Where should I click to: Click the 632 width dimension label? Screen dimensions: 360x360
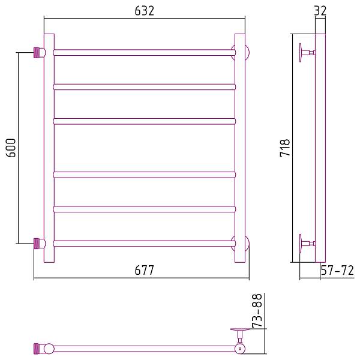[x=145, y=11]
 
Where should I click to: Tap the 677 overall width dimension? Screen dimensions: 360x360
[x=145, y=271]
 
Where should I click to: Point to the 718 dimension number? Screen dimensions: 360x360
[x=285, y=148]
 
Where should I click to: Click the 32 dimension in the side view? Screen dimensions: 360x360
[x=319, y=10]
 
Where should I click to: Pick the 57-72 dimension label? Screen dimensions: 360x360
[x=337, y=271]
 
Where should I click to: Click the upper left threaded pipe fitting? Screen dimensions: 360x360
[x=38, y=52]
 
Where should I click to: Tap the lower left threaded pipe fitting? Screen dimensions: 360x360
[x=38, y=243]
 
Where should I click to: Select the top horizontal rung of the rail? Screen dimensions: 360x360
[x=144, y=52]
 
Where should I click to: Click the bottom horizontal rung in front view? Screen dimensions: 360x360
[x=144, y=243]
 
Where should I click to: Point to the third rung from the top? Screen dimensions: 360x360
[x=144, y=121]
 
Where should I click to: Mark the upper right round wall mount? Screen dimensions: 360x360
[x=246, y=52]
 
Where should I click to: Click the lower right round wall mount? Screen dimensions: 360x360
[x=246, y=243]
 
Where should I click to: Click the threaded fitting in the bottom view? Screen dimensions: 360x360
[x=38, y=347]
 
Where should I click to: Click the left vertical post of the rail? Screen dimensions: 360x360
[x=49, y=148]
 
